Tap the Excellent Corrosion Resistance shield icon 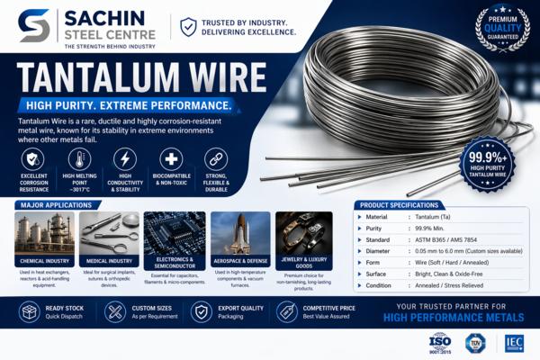[x=34, y=157]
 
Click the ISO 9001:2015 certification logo [x=439, y=343]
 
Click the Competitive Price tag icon [x=285, y=311]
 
